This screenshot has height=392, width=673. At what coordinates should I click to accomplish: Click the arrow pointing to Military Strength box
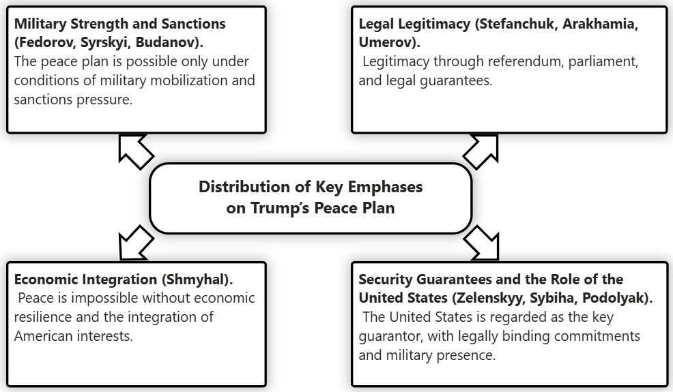pyautogui.click(x=135, y=151)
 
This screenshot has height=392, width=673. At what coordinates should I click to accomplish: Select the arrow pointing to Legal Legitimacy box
pyautogui.click(x=482, y=151)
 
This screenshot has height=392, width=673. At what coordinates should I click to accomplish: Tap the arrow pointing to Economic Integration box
pyautogui.click(x=135, y=244)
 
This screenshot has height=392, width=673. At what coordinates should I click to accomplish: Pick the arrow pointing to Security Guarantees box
pyautogui.click(x=482, y=244)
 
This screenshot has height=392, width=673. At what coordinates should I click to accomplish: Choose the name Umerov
pyautogui.click(x=387, y=42)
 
